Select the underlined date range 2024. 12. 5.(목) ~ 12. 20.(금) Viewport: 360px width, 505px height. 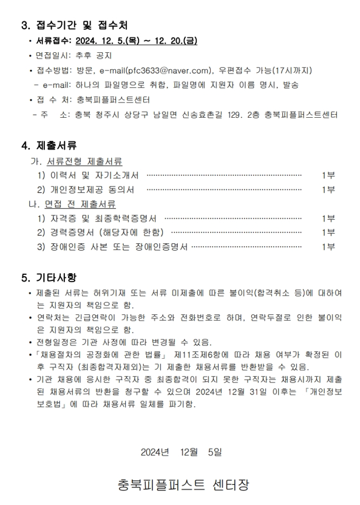point(137,41)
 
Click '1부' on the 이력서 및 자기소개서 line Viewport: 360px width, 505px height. point(328,175)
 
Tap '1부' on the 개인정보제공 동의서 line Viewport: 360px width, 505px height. point(328,189)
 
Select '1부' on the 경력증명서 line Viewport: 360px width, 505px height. point(328,232)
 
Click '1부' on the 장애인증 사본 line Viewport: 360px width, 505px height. point(328,246)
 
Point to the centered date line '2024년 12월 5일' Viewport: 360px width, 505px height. point(181,452)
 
